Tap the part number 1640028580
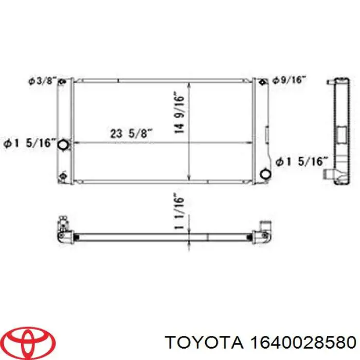point(303,343)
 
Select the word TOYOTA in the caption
point(204,343)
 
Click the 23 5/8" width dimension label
point(131,133)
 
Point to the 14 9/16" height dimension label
point(179,113)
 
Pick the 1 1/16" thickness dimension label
point(179,212)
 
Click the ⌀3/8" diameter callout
point(43,81)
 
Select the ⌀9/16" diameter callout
point(289,80)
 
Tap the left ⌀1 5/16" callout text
point(30,143)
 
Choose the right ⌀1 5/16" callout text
point(301,161)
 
